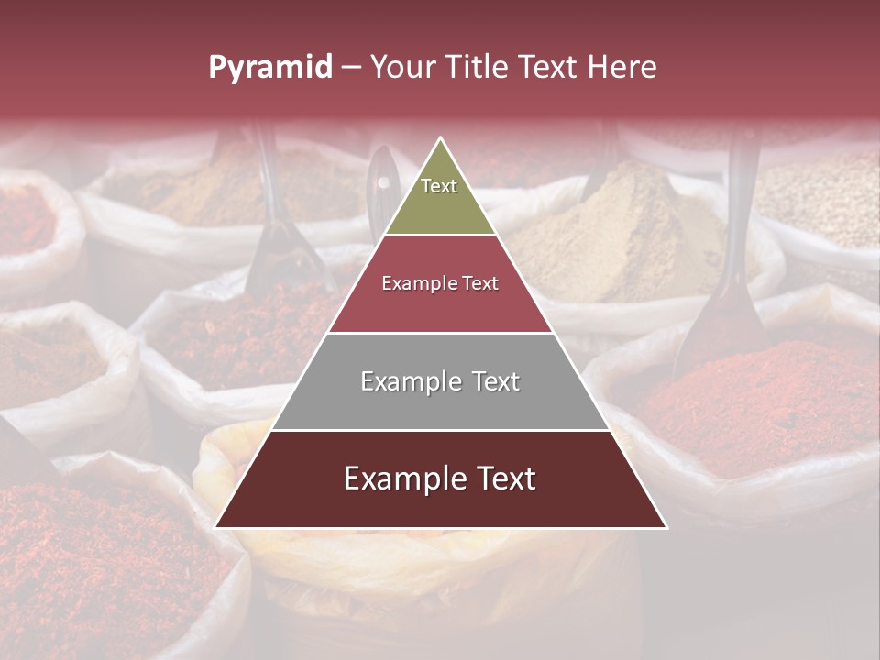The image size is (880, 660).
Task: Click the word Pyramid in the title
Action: point(269,68)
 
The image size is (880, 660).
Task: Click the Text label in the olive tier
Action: point(439,186)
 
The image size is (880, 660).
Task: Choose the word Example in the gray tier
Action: point(408,381)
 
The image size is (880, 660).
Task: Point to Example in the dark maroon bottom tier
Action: point(401,478)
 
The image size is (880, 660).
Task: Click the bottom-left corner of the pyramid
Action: point(215,527)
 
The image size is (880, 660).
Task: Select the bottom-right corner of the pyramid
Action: point(666,527)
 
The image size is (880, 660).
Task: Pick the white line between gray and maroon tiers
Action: point(441,430)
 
